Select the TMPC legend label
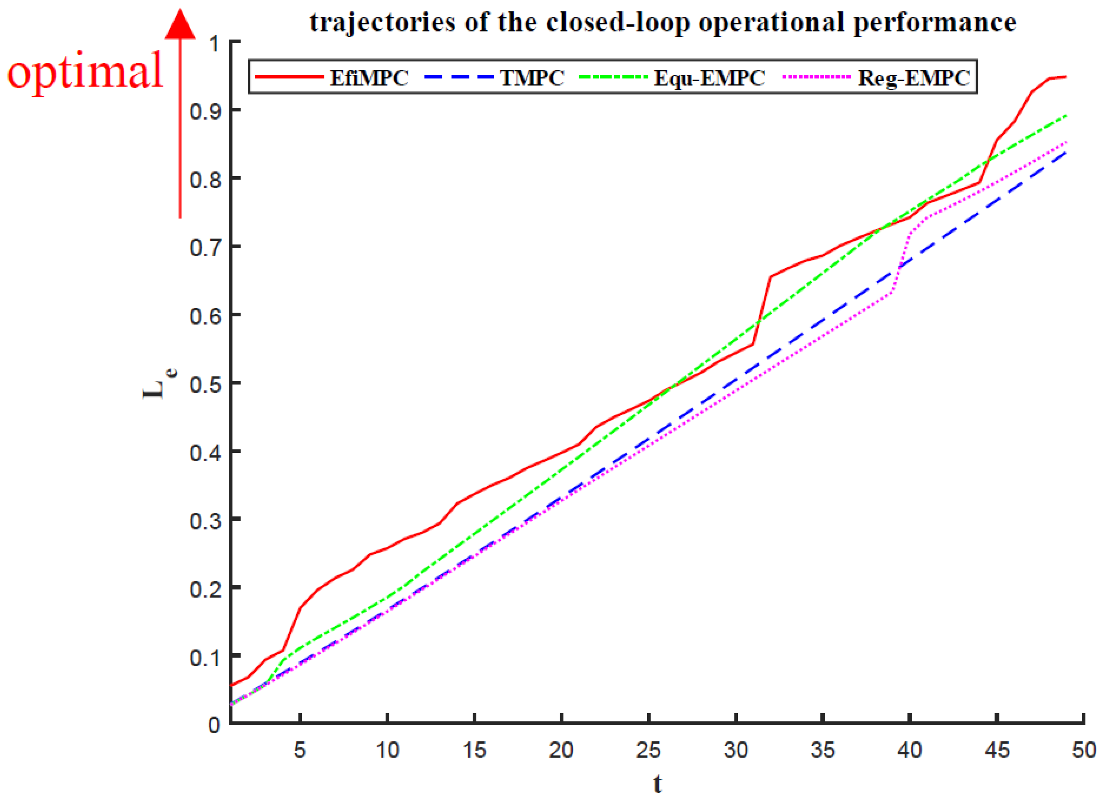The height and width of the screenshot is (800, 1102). pyautogui.click(x=532, y=78)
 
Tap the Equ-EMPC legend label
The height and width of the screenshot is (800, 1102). pyautogui.click(x=709, y=78)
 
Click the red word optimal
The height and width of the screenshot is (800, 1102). pyautogui.click(x=85, y=71)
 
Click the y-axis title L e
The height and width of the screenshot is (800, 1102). pyautogui.click(x=158, y=384)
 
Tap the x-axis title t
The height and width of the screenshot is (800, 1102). pyautogui.click(x=657, y=783)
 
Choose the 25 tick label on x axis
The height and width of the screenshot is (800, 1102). pyautogui.click(x=648, y=750)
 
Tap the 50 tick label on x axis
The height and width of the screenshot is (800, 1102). pyautogui.click(x=1084, y=750)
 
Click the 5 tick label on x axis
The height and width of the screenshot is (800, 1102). pyautogui.click(x=300, y=750)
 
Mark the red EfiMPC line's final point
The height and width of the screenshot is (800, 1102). pyautogui.click(x=1066, y=77)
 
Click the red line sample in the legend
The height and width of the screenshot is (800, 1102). pyautogui.click(x=289, y=77)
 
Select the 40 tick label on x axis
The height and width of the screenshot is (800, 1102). pyautogui.click(x=910, y=750)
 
